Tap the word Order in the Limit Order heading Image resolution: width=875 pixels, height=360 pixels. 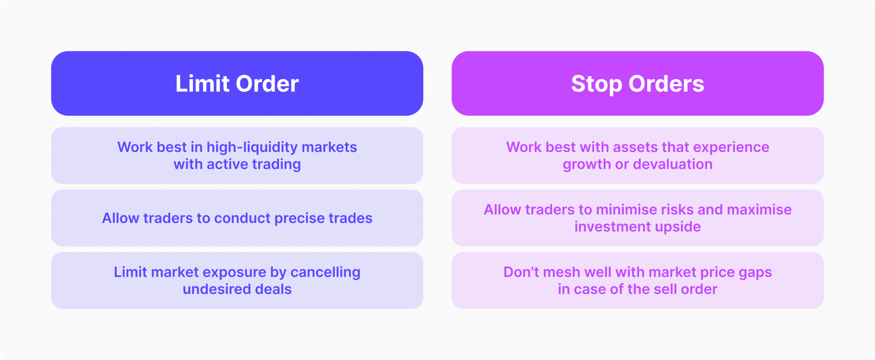[x=267, y=84]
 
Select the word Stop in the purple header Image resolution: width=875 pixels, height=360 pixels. [x=596, y=84]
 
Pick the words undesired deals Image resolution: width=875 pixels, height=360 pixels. [x=237, y=290]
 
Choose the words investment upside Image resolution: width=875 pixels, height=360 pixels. [x=637, y=227]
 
